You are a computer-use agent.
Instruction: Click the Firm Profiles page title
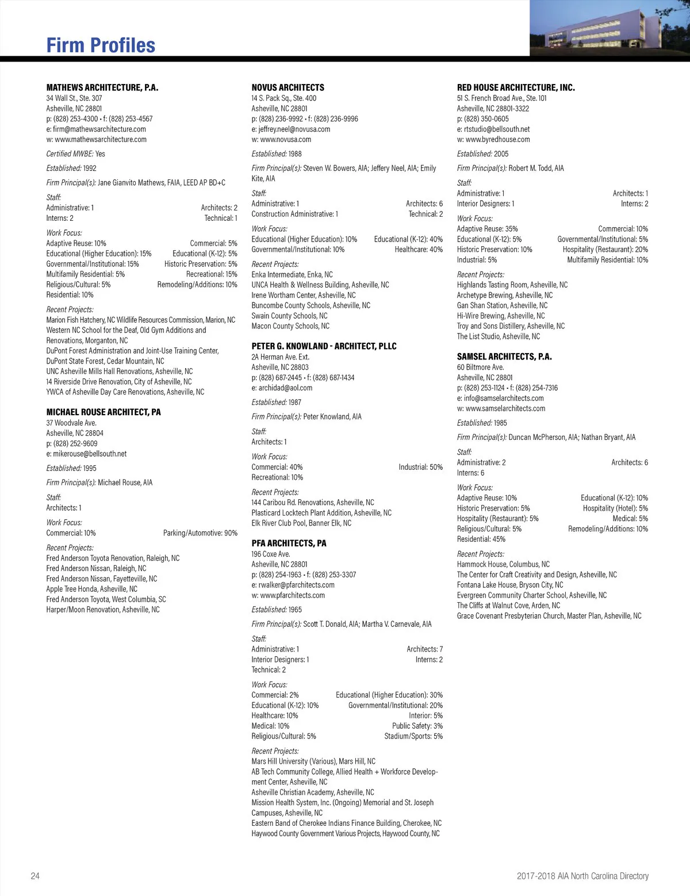[101, 45]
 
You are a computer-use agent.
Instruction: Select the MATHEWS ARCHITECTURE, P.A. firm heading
[102, 87]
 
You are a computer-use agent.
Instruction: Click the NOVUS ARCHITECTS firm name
[287, 87]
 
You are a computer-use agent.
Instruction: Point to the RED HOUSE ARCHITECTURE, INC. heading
[516, 87]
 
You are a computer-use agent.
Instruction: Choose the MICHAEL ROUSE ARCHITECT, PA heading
[103, 412]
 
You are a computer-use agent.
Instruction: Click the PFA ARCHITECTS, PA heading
[289, 543]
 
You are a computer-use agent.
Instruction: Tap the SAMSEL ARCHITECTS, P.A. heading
[504, 357]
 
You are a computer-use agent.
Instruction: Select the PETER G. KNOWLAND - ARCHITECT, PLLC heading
[324, 346]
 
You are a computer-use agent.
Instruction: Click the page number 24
[35, 876]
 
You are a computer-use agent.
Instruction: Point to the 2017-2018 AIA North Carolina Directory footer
[582, 876]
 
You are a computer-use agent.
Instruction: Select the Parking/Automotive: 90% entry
[200, 533]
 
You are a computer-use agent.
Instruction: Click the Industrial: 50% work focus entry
[420, 467]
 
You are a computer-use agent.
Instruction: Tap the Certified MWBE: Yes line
[76, 154]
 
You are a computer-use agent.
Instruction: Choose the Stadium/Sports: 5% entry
[413, 736]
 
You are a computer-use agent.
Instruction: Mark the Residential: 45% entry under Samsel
[481, 539]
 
